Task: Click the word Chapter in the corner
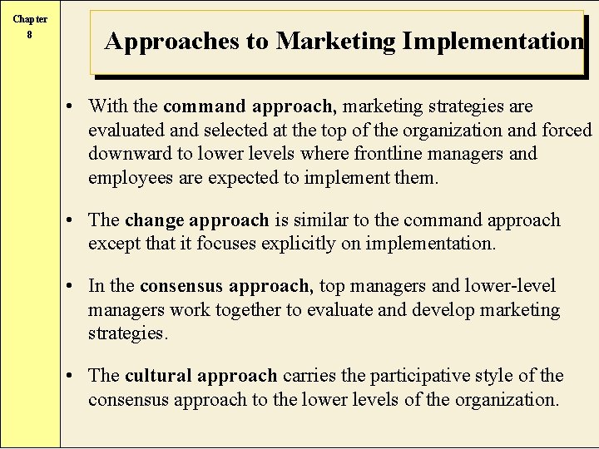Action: click(30, 19)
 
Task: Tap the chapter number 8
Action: click(30, 35)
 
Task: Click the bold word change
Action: click(154, 220)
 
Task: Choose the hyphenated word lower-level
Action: click(510, 286)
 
